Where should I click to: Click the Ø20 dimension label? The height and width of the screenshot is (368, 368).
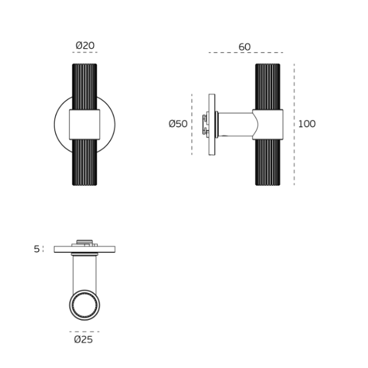coord(85,45)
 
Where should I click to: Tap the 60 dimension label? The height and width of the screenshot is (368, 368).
coord(244,47)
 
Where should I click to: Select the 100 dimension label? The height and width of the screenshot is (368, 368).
coord(307,124)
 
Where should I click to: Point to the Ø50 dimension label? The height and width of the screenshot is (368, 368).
coord(178,124)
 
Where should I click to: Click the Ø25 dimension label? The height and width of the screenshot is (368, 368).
coord(83,340)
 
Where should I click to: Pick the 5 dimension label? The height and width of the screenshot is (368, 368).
coord(37,249)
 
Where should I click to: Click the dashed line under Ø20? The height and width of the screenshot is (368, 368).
coord(85,52)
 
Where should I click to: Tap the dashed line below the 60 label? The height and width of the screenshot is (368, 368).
coord(246,52)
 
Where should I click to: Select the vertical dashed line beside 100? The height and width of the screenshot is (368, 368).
coord(294,124)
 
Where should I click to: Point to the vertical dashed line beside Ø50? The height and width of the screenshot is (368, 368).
coord(192,124)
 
